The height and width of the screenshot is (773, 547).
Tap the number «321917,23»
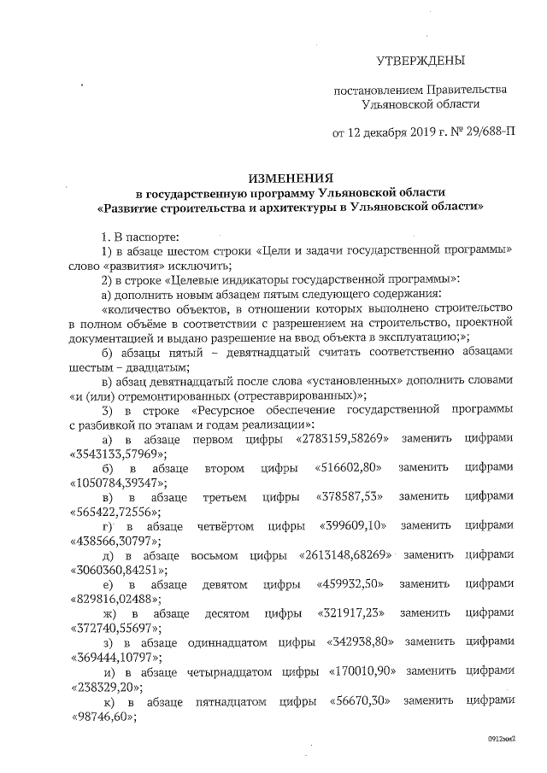347,613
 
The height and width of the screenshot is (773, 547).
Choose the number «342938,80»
360,642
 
